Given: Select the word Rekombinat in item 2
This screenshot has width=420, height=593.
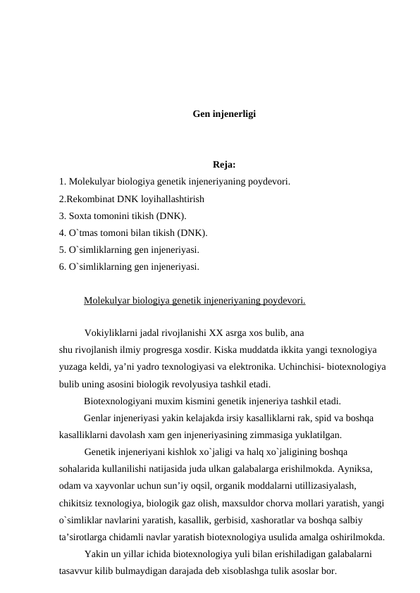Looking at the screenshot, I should click(91, 199).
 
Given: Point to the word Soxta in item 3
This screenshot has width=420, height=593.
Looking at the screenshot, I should click(80, 216).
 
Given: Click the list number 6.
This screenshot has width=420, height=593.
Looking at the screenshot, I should click(62, 267).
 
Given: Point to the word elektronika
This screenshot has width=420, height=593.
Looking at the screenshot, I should click(309, 367).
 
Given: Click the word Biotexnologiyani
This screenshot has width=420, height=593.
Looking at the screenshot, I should click(119, 401).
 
